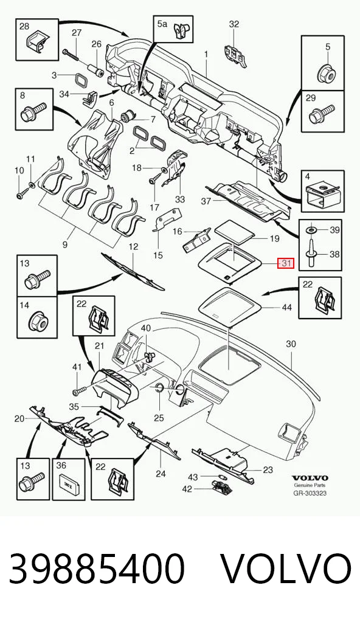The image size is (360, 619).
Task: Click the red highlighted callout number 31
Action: tap(286, 263)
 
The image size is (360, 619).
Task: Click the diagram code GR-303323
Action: tap(310, 493)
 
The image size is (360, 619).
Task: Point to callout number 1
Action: tap(206, 53)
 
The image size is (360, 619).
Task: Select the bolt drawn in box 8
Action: tap(33, 111)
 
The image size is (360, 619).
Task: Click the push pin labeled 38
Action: tap(312, 251)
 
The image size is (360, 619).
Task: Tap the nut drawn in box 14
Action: tap(38, 322)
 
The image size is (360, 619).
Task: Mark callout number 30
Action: tap(291, 344)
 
